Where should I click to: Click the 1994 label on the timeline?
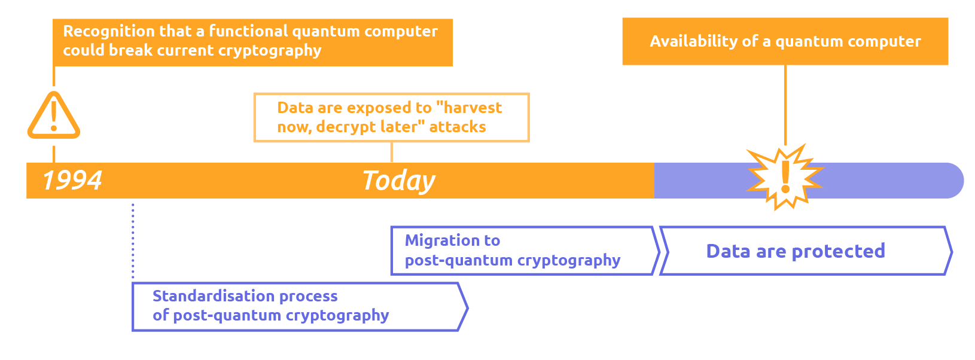click(x=72, y=181)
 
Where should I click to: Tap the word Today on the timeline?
click(x=398, y=181)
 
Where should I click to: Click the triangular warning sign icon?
click(x=54, y=115)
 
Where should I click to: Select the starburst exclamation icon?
click(x=785, y=177)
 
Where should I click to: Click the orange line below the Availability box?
click(x=785, y=105)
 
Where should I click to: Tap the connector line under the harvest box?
click(x=391, y=152)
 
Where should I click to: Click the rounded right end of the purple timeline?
click(x=953, y=181)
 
